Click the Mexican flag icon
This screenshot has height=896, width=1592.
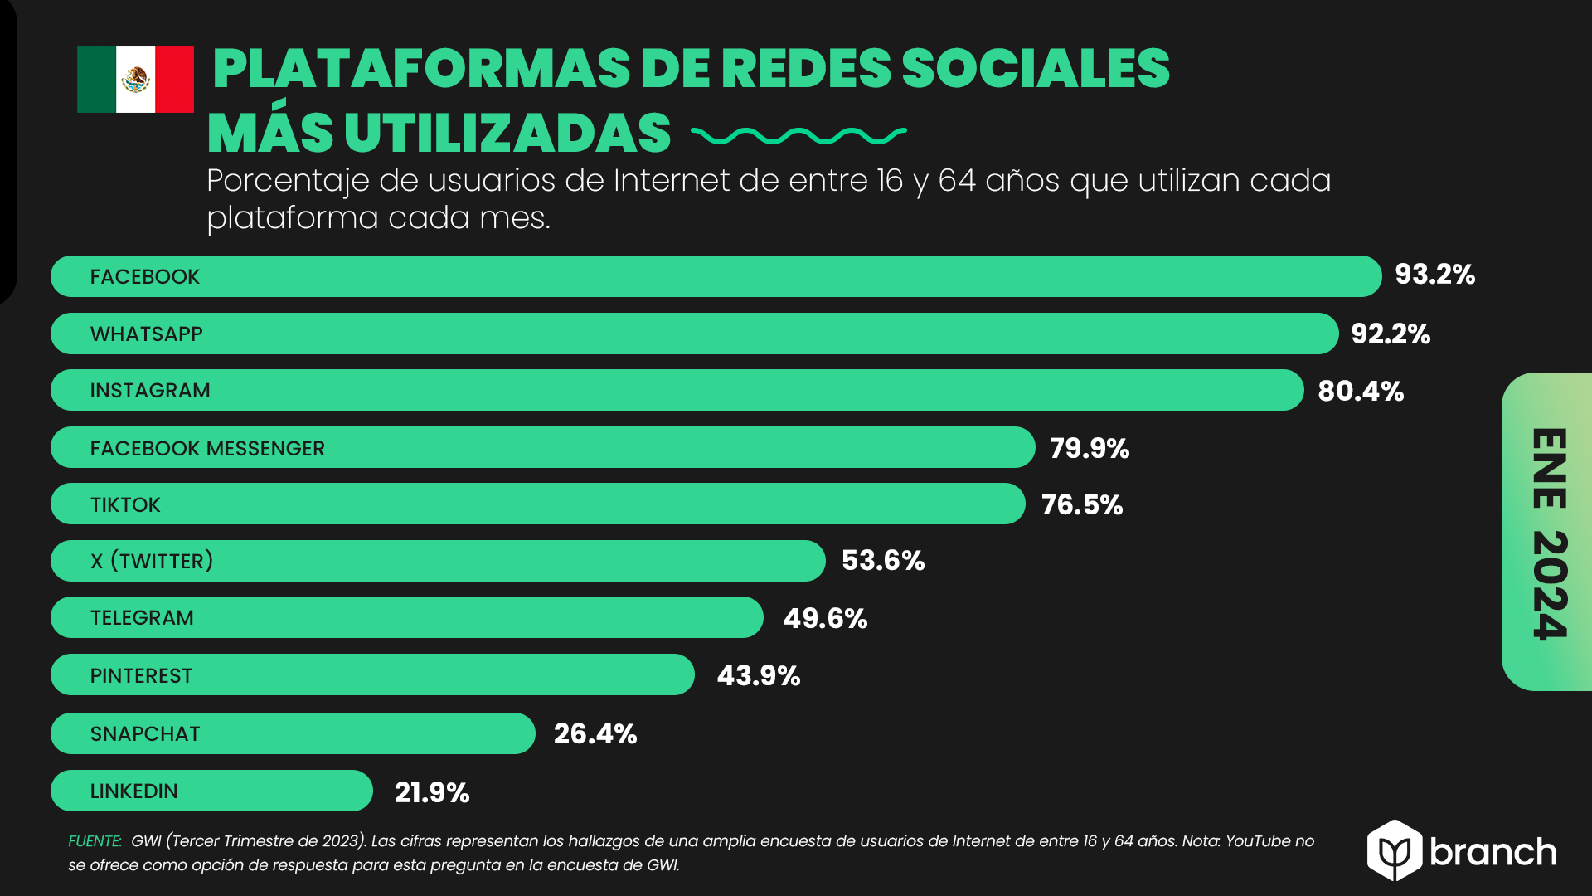coord(135,80)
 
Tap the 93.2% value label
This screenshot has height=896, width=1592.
coord(1434,275)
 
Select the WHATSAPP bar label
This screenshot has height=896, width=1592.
coord(146,334)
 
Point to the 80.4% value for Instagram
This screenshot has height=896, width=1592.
coord(1361,392)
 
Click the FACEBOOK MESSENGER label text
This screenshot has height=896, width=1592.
coord(207,449)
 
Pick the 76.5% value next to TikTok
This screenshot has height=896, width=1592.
coord(1081,505)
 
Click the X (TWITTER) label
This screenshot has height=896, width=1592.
coord(152,562)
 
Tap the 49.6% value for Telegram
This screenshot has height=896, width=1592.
coord(825,619)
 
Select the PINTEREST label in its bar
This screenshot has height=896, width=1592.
coord(141,676)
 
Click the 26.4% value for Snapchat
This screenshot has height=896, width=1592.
coord(595,734)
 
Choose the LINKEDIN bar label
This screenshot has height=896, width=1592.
coord(133,791)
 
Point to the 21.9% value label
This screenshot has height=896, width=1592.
coord(431,793)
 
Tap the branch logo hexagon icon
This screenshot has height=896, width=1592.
coord(1395,850)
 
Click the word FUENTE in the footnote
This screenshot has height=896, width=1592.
coord(95,841)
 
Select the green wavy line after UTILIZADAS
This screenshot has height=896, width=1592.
coord(798,135)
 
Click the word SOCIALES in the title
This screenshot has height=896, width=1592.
coord(1035,68)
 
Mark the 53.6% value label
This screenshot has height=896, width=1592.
coord(882,561)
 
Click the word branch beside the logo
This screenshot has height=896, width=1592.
coord(1492,853)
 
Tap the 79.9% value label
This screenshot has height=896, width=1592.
coord(1089,449)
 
